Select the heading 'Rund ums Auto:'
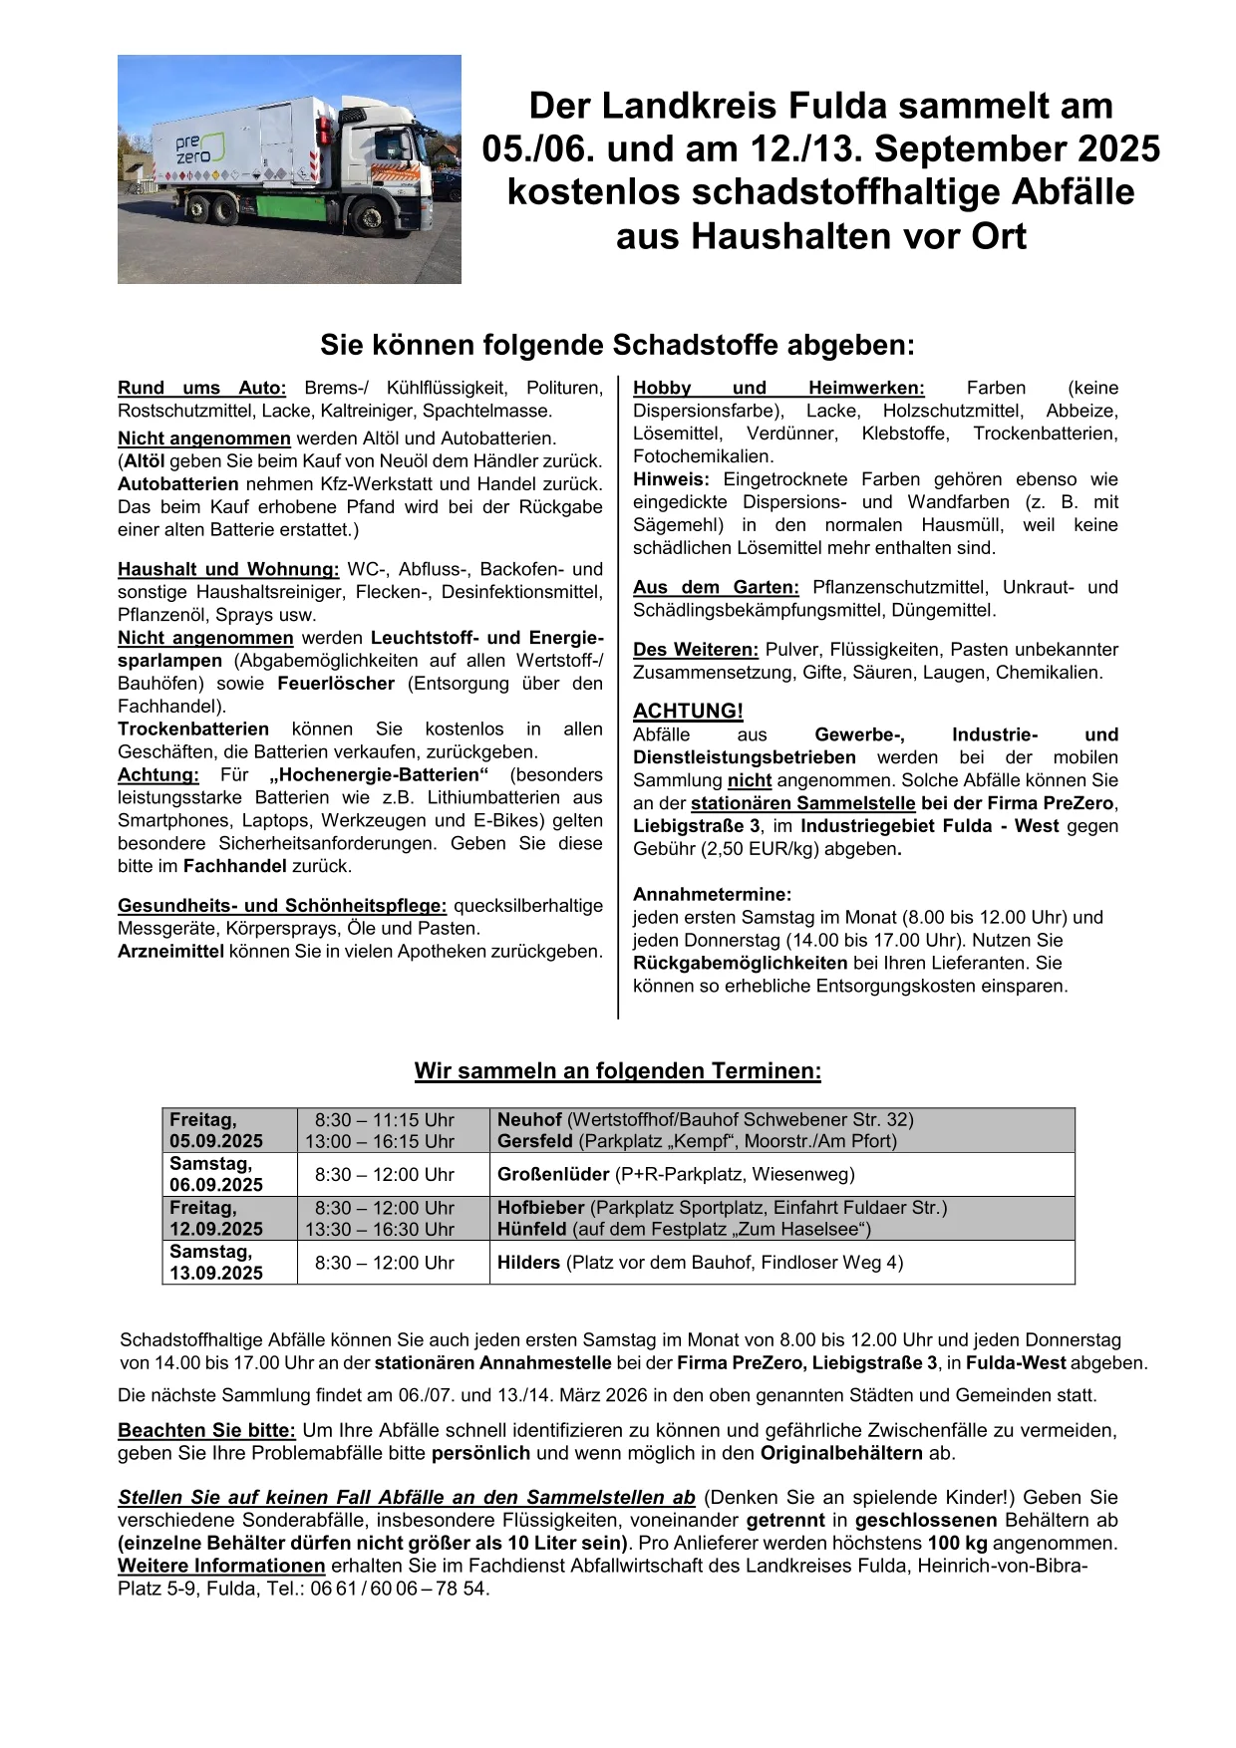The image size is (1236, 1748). coord(201,388)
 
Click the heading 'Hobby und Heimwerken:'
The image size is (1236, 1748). coord(778,388)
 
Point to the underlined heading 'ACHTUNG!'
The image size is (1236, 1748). coord(688,711)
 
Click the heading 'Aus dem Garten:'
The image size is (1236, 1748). coord(716,587)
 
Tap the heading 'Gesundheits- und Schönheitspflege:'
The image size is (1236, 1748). coord(282,905)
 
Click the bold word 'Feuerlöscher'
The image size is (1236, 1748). coord(336,683)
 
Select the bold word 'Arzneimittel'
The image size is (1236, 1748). coord(170,951)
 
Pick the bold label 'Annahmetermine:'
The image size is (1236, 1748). coord(712,894)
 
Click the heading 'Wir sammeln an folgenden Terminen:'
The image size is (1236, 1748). coord(618,1071)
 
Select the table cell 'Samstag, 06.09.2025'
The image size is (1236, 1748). coord(216,1174)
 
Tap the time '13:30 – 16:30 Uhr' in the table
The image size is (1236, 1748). coord(380,1229)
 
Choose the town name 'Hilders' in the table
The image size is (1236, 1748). coord(528,1262)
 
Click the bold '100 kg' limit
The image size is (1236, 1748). coord(957,1543)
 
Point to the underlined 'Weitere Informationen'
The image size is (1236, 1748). coord(221,1566)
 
